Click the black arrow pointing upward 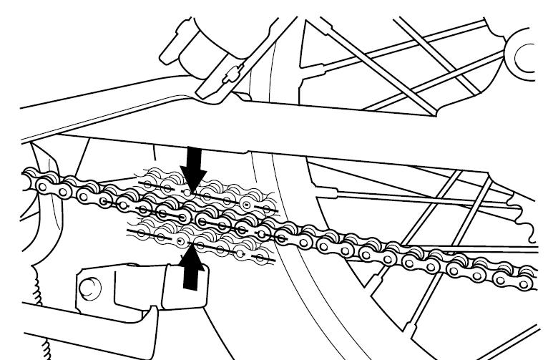point(190,268)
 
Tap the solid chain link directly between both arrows point(187,217)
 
